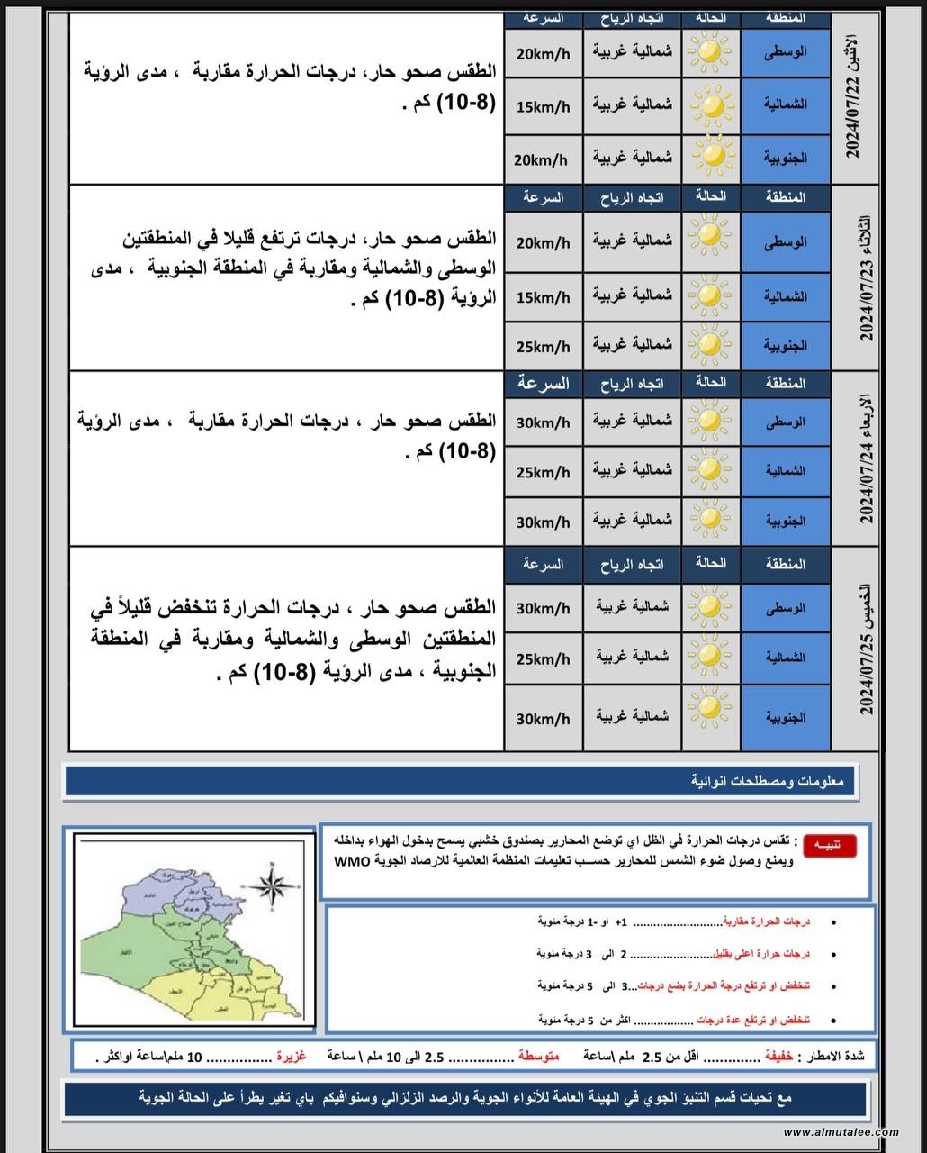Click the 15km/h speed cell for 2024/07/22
coord(543,107)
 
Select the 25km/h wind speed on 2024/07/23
coord(543,347)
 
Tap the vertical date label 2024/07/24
coord(866,458)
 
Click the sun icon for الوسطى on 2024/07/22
coord(711,52)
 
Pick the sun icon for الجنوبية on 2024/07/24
coord(711,520)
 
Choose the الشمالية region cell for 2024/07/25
coord(786,658)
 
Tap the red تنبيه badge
coord(830,845)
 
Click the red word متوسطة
coord(538,1056)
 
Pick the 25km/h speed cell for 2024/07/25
coord(543,659)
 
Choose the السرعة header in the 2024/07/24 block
coord(543,384)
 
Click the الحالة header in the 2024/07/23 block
coord(710,196)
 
